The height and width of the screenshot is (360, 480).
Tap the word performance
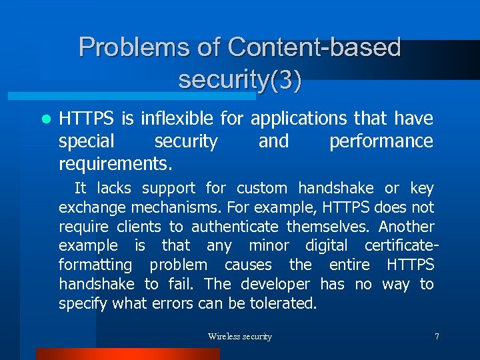tap(381, 141)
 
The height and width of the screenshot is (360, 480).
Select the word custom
tap(262, 189)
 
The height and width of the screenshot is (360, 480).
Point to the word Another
tap(407, 227)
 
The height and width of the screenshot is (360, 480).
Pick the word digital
tap(329, 246)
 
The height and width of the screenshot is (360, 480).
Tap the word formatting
tap(95, 265)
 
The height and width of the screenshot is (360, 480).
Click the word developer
tap(275, 285)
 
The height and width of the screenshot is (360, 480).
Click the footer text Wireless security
tap(240, 337)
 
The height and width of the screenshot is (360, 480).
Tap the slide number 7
tap(437, 337)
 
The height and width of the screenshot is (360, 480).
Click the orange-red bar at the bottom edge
tap(127, 354)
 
